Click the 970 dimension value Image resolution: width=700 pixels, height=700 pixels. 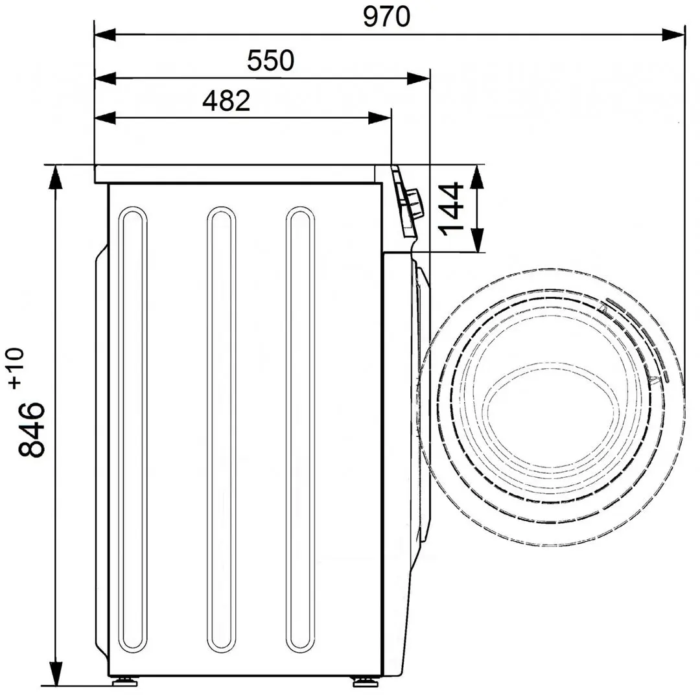coord(386,17)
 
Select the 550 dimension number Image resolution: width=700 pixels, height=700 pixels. coord(270,61)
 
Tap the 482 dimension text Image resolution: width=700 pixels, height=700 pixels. coord(226,101)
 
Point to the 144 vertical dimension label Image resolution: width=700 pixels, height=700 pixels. coord(450,208)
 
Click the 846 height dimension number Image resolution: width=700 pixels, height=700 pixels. coord(32,429)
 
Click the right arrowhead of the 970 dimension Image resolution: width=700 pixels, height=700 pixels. coord(674,34)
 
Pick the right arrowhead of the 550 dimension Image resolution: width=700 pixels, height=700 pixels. coord(419,78)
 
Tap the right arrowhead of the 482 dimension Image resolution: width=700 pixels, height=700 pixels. coord(380,118)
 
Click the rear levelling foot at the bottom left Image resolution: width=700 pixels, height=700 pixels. coord(124,681)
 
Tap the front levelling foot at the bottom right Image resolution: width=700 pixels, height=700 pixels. coord(360,681)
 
